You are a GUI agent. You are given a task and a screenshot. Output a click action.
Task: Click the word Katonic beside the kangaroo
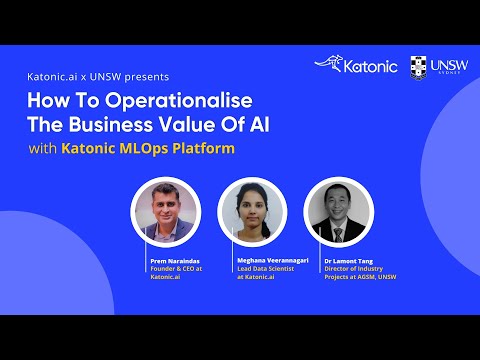(x=371, y=67)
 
